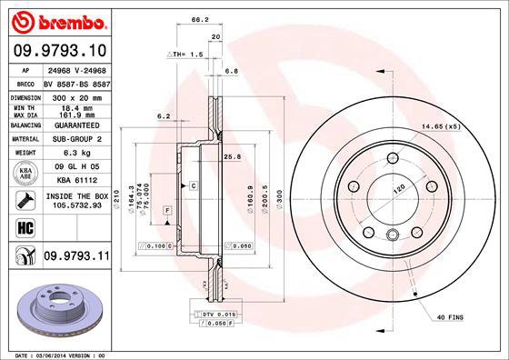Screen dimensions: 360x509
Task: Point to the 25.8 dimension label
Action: [232, 156]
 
